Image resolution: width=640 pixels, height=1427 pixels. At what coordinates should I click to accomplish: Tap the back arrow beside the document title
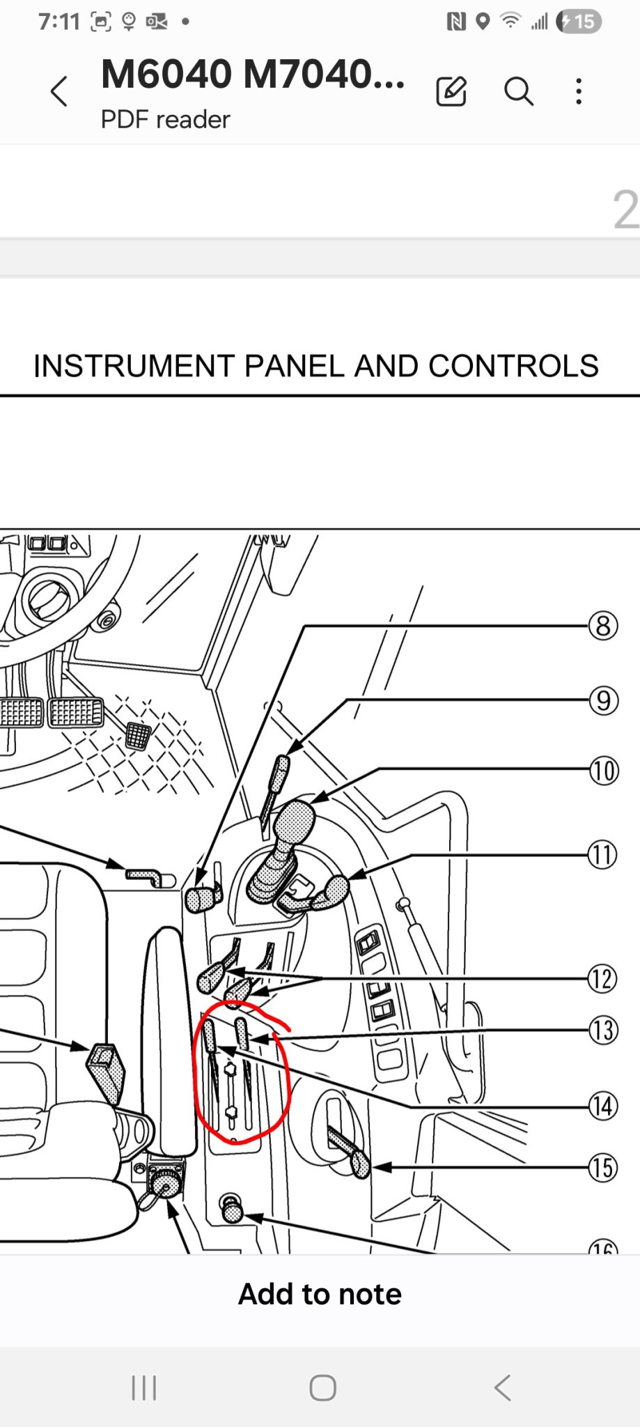pyautogui.click(x=59, y=91)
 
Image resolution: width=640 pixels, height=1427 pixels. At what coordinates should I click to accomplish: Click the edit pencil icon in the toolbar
pyautogui.click(x=451, y=91)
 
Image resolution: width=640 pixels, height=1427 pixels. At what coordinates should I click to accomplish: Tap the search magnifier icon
pyautogui.click(x=519, y=91)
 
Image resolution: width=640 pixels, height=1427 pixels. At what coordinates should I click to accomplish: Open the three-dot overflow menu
pyautogui.click(x=579, y=91)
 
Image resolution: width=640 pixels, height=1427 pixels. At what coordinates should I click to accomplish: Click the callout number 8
pyautogui.click(x=603, y=626)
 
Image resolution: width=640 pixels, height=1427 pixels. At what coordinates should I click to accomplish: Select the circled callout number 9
pyautogui.click(x=603, y=700)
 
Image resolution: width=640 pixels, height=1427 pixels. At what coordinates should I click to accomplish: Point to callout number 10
pyautogui.click(x=603, y=771)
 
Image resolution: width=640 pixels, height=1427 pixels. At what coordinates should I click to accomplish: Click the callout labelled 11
pyautogui.click(x=603, y=854)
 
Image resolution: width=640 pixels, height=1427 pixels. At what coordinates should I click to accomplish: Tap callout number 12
pyautogui.click(x=603, y=978)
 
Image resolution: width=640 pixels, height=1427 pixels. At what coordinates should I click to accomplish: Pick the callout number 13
pyautogui.click(x=603, y=1029)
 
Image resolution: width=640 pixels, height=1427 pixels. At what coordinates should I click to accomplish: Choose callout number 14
pyautogui.click(x=603, y=1106)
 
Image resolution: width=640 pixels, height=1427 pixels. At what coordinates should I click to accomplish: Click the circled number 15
pyautogui.click(x=603, y=1167)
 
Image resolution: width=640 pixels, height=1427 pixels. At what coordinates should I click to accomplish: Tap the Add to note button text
pyautogui.click(x=320, y=1294)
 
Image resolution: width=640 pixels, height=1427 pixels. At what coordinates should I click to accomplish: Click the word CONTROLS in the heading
pyautogui.click(x=513, y=366)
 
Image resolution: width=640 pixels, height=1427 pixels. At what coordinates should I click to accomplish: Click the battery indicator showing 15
pyautogui.click(x=579, y=22)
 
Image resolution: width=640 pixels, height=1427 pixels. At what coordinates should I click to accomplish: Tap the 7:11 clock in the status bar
pyautogui.click(x=59, y=22)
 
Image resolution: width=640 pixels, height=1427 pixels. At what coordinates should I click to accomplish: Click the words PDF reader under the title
pyautogui.click(x=165, y=119)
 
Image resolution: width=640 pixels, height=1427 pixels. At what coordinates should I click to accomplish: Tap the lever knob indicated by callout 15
pyautogui.click(x=361, y=1164)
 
